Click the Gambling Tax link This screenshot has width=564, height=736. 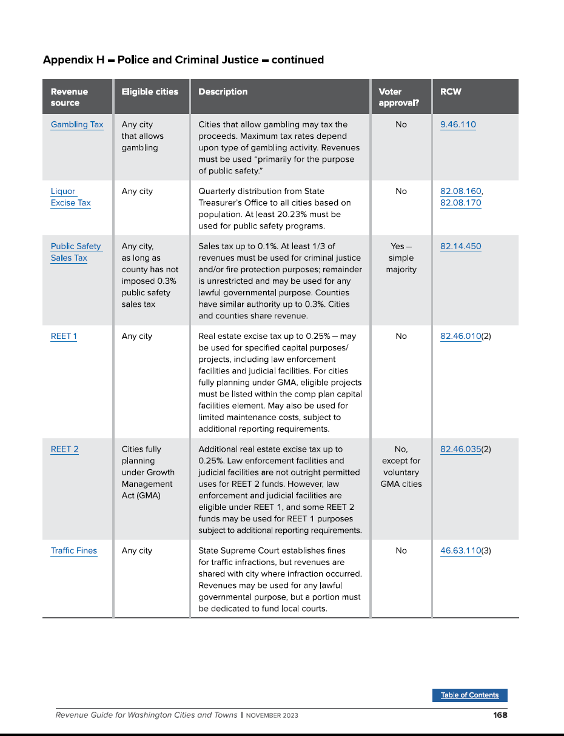click(77, 125)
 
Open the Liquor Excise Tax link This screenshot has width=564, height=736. click(70, 197)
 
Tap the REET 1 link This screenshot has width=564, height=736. click(64, 336)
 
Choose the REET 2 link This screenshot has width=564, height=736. click(64, 449)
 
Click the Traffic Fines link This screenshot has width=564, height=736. click(73, 550)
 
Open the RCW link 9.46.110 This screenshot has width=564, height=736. click(458, 125)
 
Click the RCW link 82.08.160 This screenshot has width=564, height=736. click(460, 192)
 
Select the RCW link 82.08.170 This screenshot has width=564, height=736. click(460, 203)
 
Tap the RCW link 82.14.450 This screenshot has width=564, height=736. click(460, 247)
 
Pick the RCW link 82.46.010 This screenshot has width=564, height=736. click(460, 336)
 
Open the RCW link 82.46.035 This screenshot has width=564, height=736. click(460, 449)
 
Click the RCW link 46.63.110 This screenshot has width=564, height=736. click(460, 550)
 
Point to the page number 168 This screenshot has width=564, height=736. click(500, 715)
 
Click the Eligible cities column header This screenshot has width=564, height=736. click(150, 92)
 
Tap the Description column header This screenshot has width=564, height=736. click(223, 92)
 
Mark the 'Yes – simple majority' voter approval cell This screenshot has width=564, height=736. click(401, 258)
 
